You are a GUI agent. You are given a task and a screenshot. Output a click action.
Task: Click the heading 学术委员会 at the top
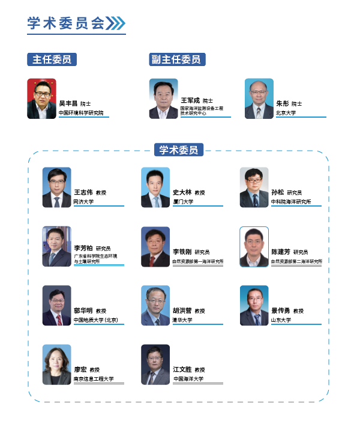pyautogui.click(x=66, y=23)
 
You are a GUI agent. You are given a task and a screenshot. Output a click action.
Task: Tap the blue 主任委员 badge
pyautogui.click(x=52, y=59)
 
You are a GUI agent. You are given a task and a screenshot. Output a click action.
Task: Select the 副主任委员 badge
pyautogui.click(x=178, y=59)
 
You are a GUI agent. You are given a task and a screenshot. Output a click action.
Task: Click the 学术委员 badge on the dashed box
pyautogui.click(x=178, y=150)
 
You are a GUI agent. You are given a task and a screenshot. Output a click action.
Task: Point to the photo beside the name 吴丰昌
pyautogui.click(x=41, y=98)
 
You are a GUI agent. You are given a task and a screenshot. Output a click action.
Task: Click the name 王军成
pyautogui.click(x=190, y=100)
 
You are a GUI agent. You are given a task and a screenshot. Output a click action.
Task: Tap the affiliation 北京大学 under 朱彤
pyautogui.click(x=286, y=112)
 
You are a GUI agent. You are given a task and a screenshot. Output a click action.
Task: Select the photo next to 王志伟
pyautogui.click(x=56, y=187)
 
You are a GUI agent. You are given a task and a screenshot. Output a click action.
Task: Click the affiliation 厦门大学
pyautogui.click(x=183, y=202)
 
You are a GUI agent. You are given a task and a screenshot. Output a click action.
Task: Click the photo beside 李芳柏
pyautogui.click(x=56, y=246)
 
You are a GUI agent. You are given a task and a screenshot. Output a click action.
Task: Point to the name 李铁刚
pyautogui.click(x=182, y=252)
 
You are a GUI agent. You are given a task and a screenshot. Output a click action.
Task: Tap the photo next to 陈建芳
pyautogui.click(x=254, y=246)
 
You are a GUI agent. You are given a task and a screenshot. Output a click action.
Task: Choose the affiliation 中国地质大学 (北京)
pyautogui.click(x=95, y=320)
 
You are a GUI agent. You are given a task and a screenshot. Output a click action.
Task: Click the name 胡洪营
pyautogui.click(x=182, y=310)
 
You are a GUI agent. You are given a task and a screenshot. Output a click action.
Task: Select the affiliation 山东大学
pyautogui.click(x=281, y=320)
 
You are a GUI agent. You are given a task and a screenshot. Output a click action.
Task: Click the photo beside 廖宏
pyautogui.click(x=56, y=365)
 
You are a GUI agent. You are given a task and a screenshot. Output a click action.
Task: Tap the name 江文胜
pyautogui.click(x=182, y=369)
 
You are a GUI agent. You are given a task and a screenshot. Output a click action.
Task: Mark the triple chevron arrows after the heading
pyautogui.click(x=115, y=23)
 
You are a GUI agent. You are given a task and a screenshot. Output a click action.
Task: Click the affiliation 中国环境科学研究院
pyautogui.click(x=81, y=112)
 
